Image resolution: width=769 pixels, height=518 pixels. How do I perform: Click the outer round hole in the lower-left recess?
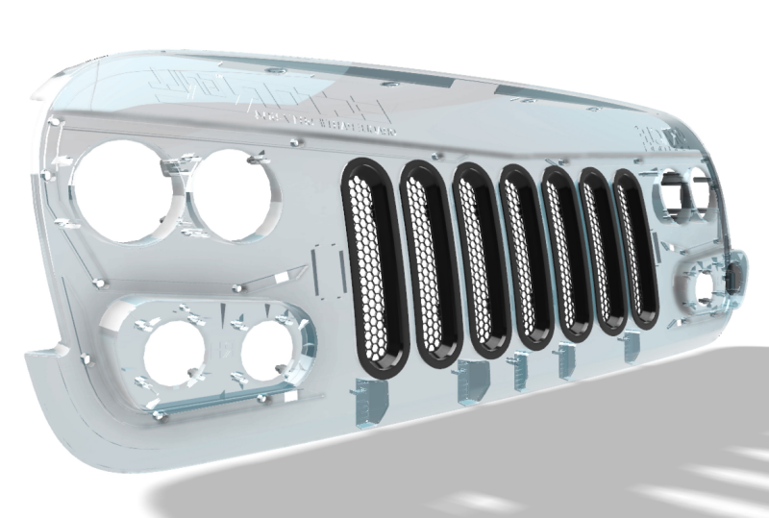point(174,352)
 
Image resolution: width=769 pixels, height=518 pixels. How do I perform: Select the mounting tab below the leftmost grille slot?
point(369,399)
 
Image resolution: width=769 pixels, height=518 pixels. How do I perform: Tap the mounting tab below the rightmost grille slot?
point(632,347)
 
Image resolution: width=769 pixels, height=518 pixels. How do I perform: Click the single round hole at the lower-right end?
point(709,285)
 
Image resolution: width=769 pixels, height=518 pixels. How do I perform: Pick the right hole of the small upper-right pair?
point(699,193)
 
